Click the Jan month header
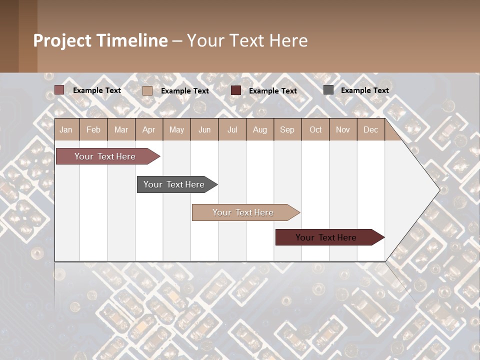[x=66, y=130]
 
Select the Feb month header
[x=93, y=130]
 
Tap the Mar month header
[x=121, y=130]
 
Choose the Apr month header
[x=148, y=130]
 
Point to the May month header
[x=176, y=130]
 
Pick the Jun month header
[x=204, y=130]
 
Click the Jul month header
[x=232, y=130]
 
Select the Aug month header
[x=259, y=130]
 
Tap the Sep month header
[x=287, y=130]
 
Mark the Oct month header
[x=315, y=130]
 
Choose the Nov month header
[x=343, y=130]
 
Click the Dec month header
[x=370, y=130]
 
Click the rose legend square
[x=59, y=90]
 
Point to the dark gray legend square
[x=328, y=90]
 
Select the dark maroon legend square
[x=236, y=90]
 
